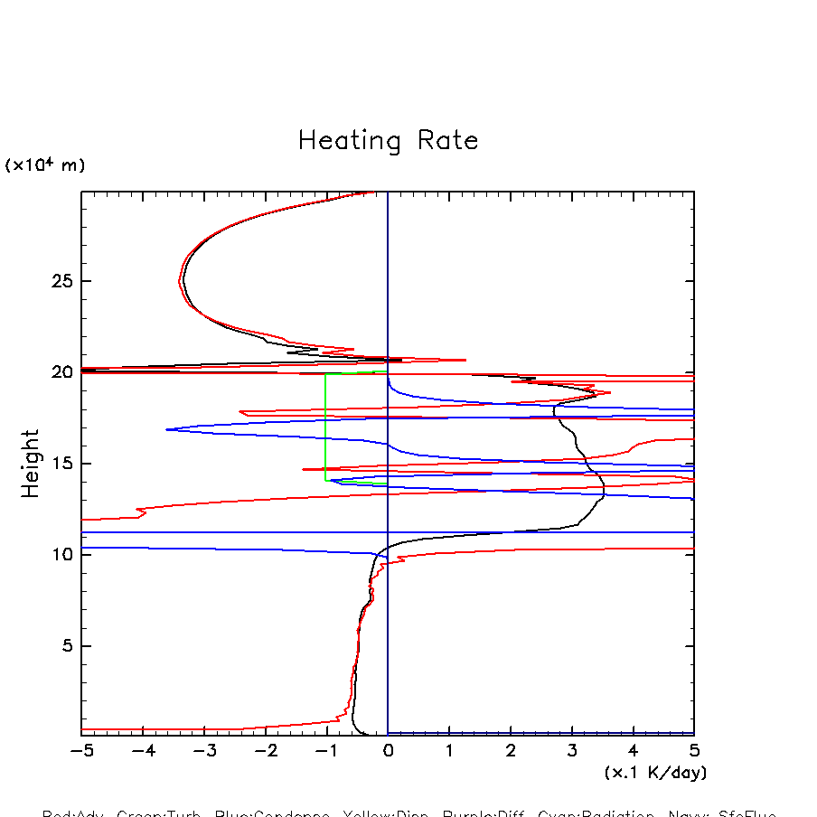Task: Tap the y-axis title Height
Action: tap(31, 463)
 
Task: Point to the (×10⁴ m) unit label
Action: tap(45, 165)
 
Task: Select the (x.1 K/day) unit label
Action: tap(655, 773)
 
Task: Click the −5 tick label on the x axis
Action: tap(81, 750)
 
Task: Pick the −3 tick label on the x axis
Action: tap(203, 750)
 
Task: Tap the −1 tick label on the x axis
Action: tap(326, 750)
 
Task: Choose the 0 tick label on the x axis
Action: tap(388, 750)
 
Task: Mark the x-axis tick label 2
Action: tap(511, 750)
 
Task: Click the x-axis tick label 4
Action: tap(633, 750)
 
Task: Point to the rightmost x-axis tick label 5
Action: tap(694, 750)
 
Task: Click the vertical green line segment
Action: tap(325, 425)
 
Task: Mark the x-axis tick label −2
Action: tap(265, 750)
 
